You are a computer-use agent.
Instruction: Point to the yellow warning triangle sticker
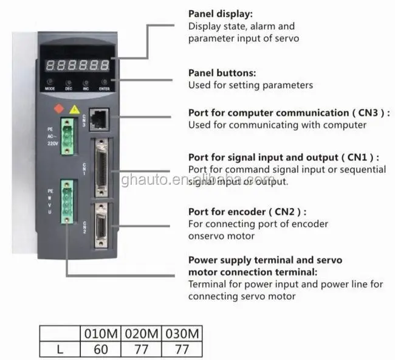click(74, 110)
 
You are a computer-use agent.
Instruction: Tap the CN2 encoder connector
click(101, 225)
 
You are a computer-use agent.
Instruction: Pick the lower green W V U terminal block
click(67, 201)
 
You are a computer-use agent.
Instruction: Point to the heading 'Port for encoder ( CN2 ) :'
click(247, 212)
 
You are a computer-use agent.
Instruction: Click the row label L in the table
click(59, 349)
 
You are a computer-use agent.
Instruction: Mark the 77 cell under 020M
click(142, 349)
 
